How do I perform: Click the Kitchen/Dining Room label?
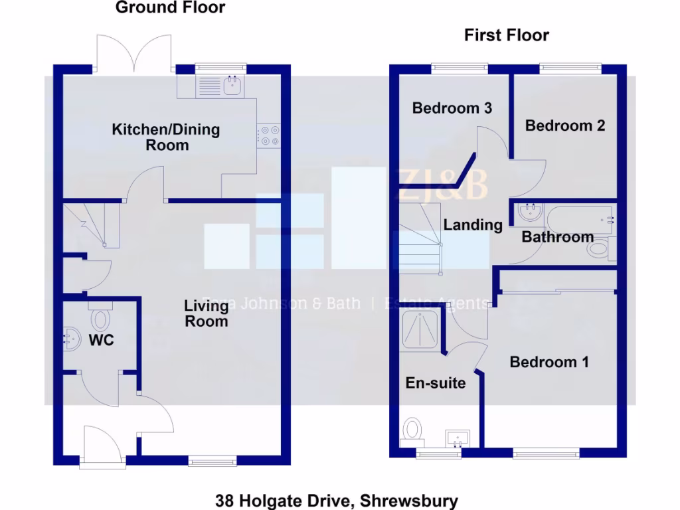tap(165, 137)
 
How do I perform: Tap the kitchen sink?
tap(232, 84)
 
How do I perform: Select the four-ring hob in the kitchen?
tap(269, 135)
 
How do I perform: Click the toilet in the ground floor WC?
tap(100, 318)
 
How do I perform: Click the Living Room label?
tap(207, 313)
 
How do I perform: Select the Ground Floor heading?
tap(170, 8)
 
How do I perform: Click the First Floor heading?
tap(506, 35)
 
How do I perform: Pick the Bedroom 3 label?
tap(452, 108)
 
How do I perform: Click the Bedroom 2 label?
tap(565, 125)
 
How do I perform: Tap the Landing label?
tap(473, 225)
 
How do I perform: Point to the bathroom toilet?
tap(599, 249)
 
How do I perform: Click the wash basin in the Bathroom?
tap(530, 214)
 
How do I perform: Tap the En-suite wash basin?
tap(458, 438)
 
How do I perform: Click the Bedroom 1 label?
tap(549, 362)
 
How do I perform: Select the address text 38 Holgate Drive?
tap(337, 500)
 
